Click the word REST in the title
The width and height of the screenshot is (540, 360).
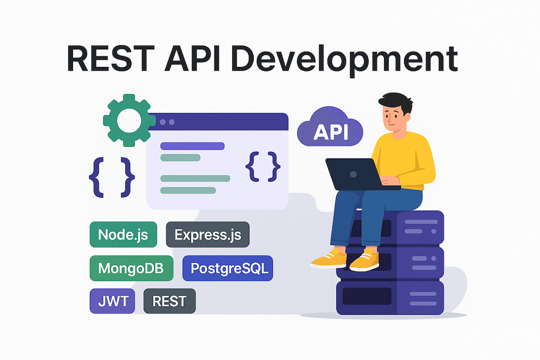pos(110,58)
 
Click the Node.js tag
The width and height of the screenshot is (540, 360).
pos(123,235)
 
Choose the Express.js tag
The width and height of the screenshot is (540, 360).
pos(208,235)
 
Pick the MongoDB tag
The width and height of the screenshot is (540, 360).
pos(131,268)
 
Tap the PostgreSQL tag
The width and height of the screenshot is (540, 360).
pos(228,268)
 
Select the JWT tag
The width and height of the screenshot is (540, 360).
pos(112,301)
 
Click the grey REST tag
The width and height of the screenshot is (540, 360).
pos(169,301)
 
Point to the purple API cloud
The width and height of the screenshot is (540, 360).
pos(330,128)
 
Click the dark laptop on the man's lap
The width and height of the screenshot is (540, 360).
pos(358,174)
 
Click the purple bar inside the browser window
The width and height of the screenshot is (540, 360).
pos(192,146)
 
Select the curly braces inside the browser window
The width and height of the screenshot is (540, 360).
pos(263,166)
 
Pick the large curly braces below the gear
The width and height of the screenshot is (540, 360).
pos(112,177)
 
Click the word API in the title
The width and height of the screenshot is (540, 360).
pos(192,58)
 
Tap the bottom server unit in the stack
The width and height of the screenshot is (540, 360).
pos(390,298)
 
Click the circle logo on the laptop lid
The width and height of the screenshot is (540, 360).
pos(353,174)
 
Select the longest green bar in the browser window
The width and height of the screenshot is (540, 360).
pos(195,178)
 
